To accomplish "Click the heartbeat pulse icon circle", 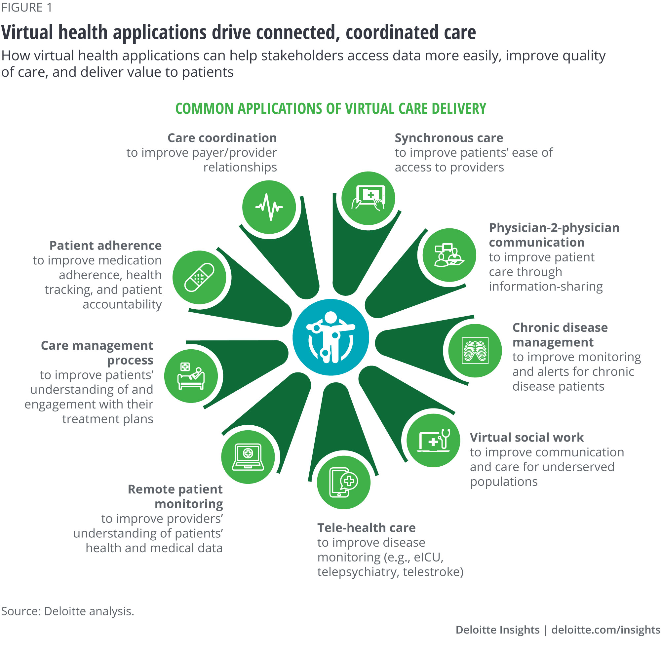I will click(269, 207).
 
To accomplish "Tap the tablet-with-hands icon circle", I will click(368, 198).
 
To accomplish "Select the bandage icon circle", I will click(199, 277).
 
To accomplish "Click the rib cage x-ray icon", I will click(475, 350).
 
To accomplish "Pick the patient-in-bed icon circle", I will click(191, 376).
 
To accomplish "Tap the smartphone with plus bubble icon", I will click(343, 482).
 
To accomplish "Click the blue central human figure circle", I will click(330, 337).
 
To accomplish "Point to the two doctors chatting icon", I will click(449, 255).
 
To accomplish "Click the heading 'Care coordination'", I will click(222, 138).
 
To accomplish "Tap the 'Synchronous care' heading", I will click(449, 138).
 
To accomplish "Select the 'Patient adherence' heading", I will click(105, 245).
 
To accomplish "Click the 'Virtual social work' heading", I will click(526, 437).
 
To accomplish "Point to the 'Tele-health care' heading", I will click(367, 528).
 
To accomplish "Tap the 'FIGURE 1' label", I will click(27, 8).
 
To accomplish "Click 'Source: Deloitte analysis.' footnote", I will click(67, 611).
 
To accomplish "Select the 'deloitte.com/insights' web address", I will click(605, 630).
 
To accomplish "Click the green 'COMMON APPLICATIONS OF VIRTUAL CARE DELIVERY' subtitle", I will click(330, 108).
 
